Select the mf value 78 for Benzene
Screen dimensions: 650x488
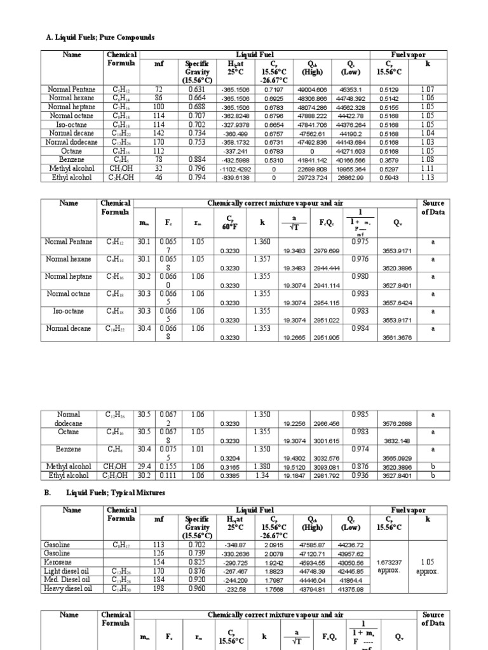click(x=159, y=161)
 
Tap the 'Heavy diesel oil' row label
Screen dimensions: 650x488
click(x=67, y=588)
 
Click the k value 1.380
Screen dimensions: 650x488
click(x=262, y=466)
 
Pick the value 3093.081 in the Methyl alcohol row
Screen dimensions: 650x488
click(x=326, y=468)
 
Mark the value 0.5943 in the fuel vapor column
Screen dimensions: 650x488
click(x=388, y=178)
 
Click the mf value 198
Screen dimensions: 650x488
click(x=159, y=588)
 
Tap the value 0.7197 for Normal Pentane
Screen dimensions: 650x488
click(x=274, y=90)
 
